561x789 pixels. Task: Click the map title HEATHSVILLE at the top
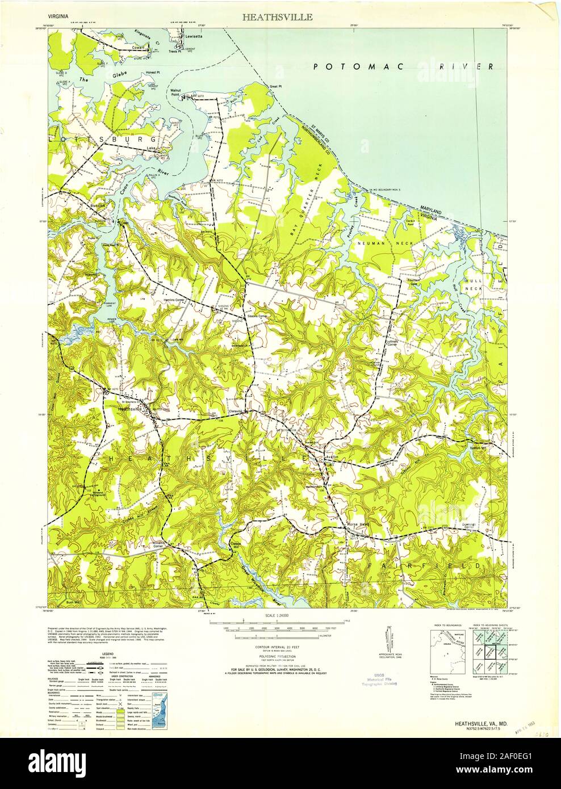coord(277,17)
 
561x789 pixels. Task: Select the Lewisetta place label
coord(191,35)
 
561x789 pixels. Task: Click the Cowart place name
coord(140,48)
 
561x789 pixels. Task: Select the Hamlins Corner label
coord(175,299)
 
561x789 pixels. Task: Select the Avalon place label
coord(332,456)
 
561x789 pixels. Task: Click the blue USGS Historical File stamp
coord(377,681)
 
